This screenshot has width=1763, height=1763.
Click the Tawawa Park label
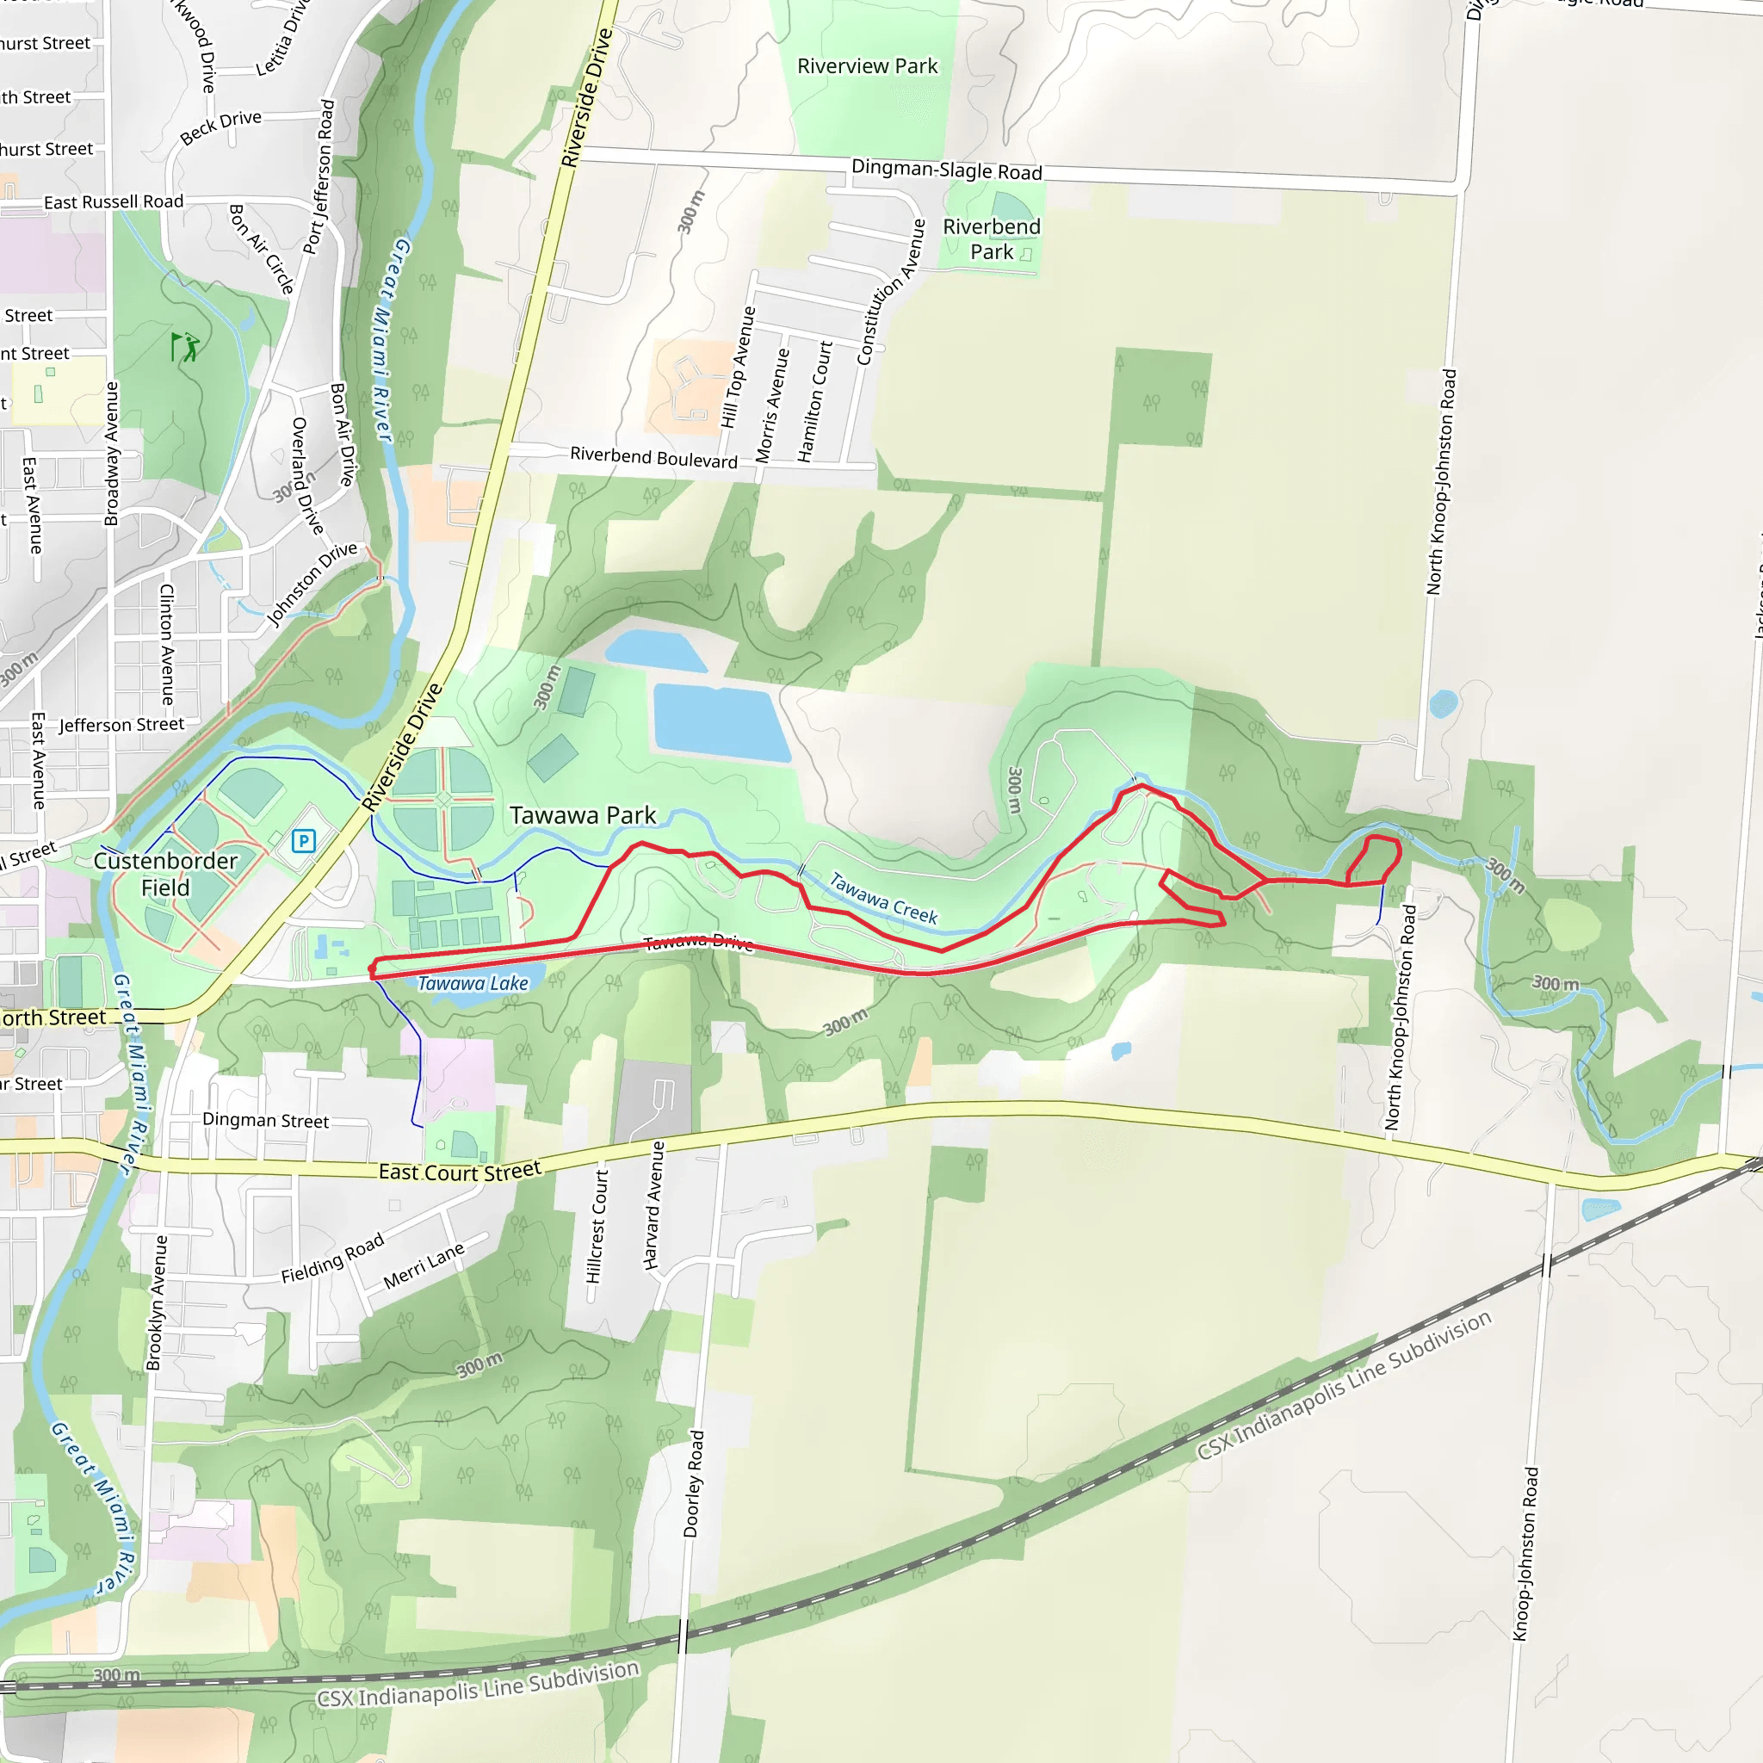(x=582, y=815)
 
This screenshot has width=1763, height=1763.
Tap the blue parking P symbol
(x=304, y=840)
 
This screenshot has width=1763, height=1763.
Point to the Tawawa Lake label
(x=473, y=983)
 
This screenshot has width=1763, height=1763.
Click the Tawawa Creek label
(x=882, y=898)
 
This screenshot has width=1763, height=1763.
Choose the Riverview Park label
(x=867, y=65)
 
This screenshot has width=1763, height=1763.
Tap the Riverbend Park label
(x=991, y=239)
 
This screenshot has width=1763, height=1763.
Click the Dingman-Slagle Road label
(x=946, y=170)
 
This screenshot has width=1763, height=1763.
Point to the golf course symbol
(x=185, y=347)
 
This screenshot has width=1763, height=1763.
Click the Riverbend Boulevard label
(x=653, y=457)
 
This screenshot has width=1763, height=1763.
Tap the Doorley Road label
(x=694, y=1483)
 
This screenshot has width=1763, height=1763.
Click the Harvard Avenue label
(x=654, y=1204)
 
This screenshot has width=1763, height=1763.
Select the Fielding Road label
(x=332, y=1259)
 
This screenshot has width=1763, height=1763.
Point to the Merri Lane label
(x=424, y=1265)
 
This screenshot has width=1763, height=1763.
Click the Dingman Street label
(x=265, y=1120)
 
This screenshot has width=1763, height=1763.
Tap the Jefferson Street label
(x=121, y=725)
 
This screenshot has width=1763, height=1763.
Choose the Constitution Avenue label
(x=891, y=292)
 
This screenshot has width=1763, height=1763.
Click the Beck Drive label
(x=221, y=127)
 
